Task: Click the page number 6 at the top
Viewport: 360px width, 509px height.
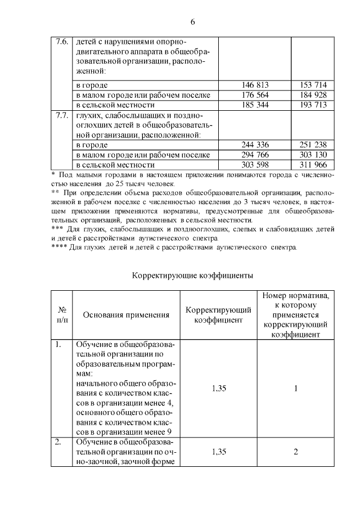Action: tap(192, 22)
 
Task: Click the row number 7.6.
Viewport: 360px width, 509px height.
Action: tap(62, 42)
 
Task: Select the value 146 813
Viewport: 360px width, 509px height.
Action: tap(255, 85)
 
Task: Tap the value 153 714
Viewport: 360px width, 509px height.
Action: tap(313, 85)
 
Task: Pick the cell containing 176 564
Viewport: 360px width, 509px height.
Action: tap(255, 95)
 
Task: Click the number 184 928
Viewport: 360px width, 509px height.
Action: tap(313, 95)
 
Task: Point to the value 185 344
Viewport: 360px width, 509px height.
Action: tap(255, 105)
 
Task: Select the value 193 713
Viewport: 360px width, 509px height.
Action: tap(313, 105)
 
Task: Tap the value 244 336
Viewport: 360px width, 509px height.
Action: tap(255, 145)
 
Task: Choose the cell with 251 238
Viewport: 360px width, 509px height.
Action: tap(313, 145)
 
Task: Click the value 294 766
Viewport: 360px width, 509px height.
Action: tap(255, 155)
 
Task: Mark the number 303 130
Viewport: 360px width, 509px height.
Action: tap(313, 155)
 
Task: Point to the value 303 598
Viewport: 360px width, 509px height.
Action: tap(255, 165)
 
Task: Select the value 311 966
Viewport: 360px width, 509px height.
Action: tap(313, 165)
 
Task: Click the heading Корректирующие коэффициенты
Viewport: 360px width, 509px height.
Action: tap(192, 276)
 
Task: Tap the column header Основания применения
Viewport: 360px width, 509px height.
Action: tap(126, 315)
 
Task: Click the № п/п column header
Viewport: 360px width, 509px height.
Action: tap(62, 315)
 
